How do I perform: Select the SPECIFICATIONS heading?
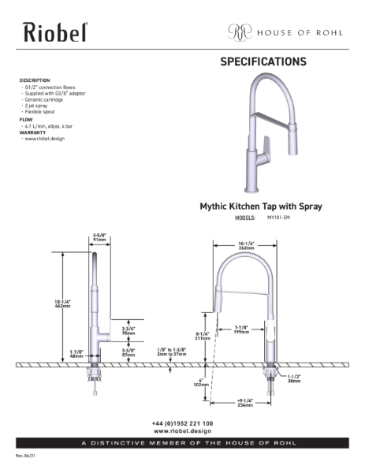click(263, 62)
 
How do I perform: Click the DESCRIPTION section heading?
click(35, 80)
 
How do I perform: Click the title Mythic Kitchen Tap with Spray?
click(262, 207)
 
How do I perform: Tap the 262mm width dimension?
click(245, 248)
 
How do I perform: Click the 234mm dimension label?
click(245, 406)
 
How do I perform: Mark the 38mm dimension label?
click(294, 382)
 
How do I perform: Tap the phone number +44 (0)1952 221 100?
click(181, 423)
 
